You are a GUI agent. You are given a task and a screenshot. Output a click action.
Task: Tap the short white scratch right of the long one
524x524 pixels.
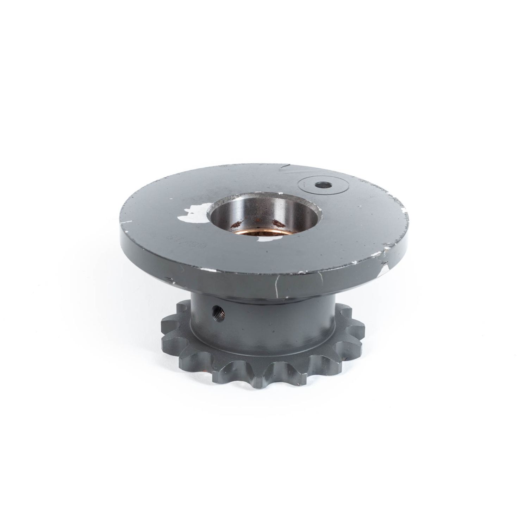tap(321, 278)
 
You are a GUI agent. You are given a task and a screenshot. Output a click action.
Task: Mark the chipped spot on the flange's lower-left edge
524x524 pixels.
tap(171, 280)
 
